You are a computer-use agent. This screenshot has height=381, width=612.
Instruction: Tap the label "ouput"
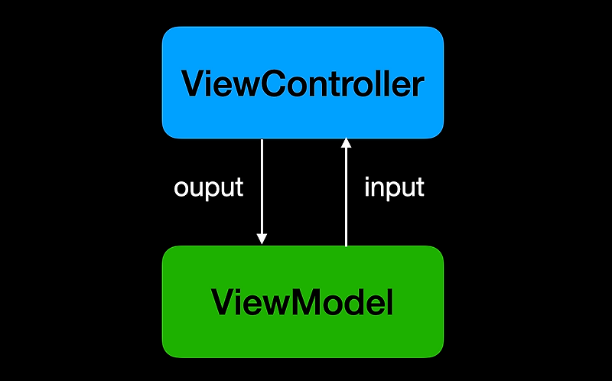tap(209, 188)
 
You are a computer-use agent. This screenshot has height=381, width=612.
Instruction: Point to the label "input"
tap(394, 188)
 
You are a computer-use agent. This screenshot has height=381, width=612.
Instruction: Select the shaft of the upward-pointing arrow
tap(346, 199)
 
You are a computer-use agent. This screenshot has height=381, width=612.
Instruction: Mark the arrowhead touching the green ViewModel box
tap(262, 239)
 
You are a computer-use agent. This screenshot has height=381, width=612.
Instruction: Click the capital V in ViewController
tap(193, 83)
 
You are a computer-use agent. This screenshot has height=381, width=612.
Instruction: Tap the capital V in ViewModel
tap(224, 303)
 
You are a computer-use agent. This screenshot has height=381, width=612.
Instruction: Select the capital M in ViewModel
tap(304, 303)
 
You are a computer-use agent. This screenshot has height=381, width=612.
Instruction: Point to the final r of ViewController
tap(416, 86)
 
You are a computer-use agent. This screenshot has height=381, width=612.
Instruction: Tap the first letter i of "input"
tap(367, 187)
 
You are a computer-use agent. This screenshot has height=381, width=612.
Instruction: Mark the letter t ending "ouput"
tap(239, 188)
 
